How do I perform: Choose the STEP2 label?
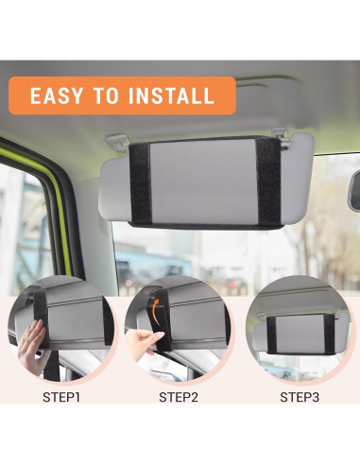point(179,397)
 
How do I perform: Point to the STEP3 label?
point(300,397)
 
